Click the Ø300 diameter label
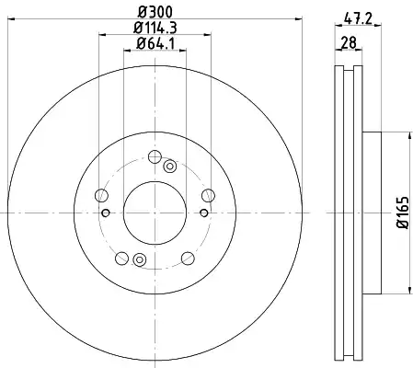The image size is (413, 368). (155, 12)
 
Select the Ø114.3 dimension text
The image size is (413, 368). (155, 28)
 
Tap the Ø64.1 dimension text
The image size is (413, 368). (155, 43)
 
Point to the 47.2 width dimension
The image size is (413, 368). (358, 18)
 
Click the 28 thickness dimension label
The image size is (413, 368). (349, 42)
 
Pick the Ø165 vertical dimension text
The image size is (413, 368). (403, 213)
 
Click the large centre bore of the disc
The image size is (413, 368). (155, 213)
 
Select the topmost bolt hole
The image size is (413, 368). (155, 156)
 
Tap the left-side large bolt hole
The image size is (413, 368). (101, 195)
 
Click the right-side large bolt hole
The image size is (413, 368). (208, 195)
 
